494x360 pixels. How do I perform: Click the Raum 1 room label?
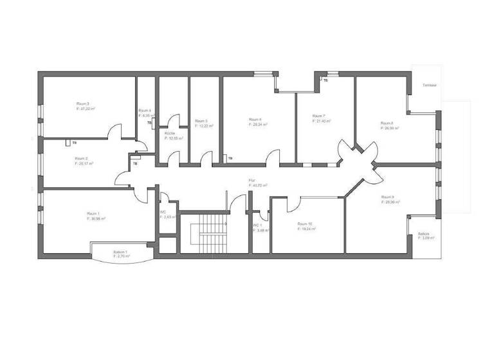pos(93,213)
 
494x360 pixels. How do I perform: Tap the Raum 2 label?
pos(81,158)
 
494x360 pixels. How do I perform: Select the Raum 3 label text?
pos(83,104)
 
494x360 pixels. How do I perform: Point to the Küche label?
pos(170,133)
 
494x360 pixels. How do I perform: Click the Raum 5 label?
pos(201,121)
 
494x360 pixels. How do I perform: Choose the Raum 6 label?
pos(255,119)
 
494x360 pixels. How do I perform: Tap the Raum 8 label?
pos(387,123)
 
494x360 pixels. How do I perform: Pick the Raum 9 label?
pos(387,197)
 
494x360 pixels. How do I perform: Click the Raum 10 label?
pos(305,224)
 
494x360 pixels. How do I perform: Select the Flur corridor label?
pos(252,181)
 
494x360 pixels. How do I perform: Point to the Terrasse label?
pos(430,85)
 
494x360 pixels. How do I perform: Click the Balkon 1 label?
pos(120,251)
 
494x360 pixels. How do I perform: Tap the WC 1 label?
pos(257,225)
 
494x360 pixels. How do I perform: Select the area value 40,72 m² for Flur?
pos(258,185)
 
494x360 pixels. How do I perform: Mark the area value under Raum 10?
pos(306,229)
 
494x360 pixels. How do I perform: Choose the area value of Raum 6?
pos(258,124)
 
